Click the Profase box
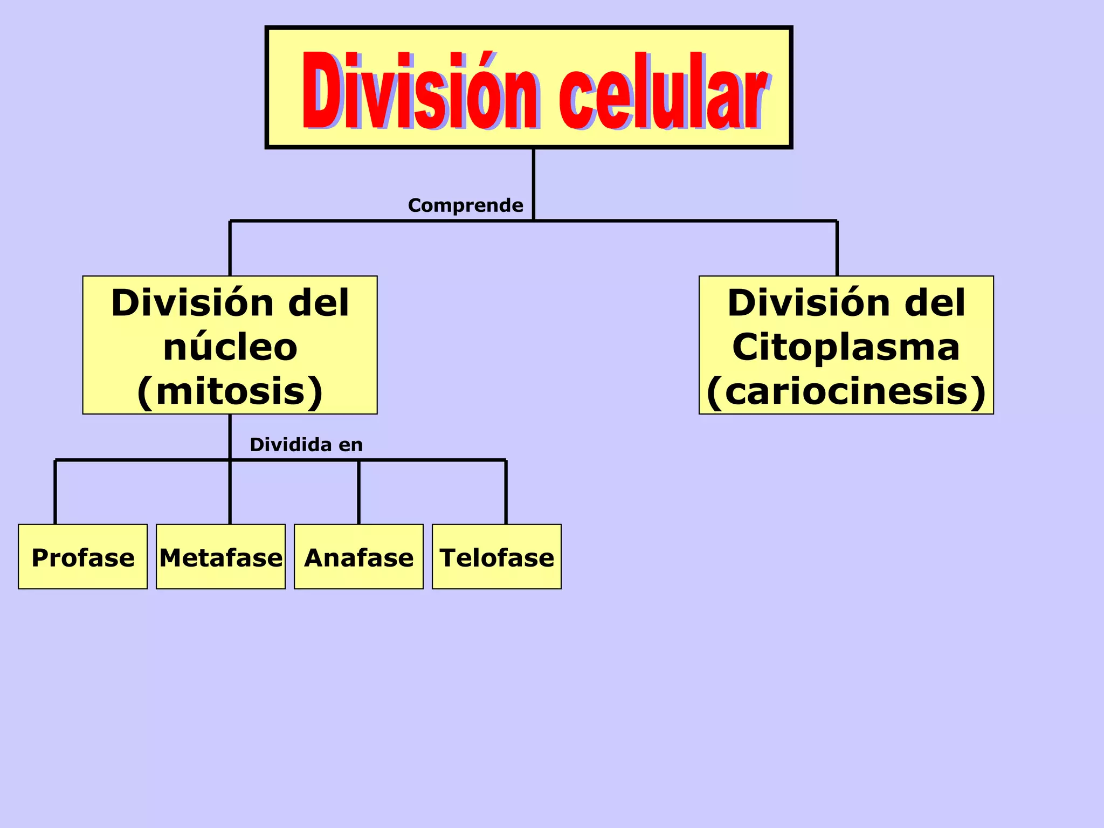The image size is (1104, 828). coord(82,556)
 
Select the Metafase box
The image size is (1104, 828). coord(220,556)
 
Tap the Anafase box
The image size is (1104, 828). coord(358,556)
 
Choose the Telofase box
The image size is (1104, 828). coord(496,556)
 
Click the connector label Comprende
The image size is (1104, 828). coord(465,205)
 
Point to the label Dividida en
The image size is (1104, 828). coord(306,445)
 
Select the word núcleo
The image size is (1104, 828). coord(230,347)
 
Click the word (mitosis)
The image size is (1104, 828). coord(230,391)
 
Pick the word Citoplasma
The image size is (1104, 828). coord(846,347)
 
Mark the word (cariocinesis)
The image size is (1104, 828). coord(846,391)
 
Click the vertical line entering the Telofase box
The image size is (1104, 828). coord(506,492)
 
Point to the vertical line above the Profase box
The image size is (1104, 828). coord(55,492)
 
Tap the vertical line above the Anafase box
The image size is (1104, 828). coord(358,492)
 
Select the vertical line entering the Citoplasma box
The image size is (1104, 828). coord(837,248)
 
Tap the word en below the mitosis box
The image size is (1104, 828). coord(350,445)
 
